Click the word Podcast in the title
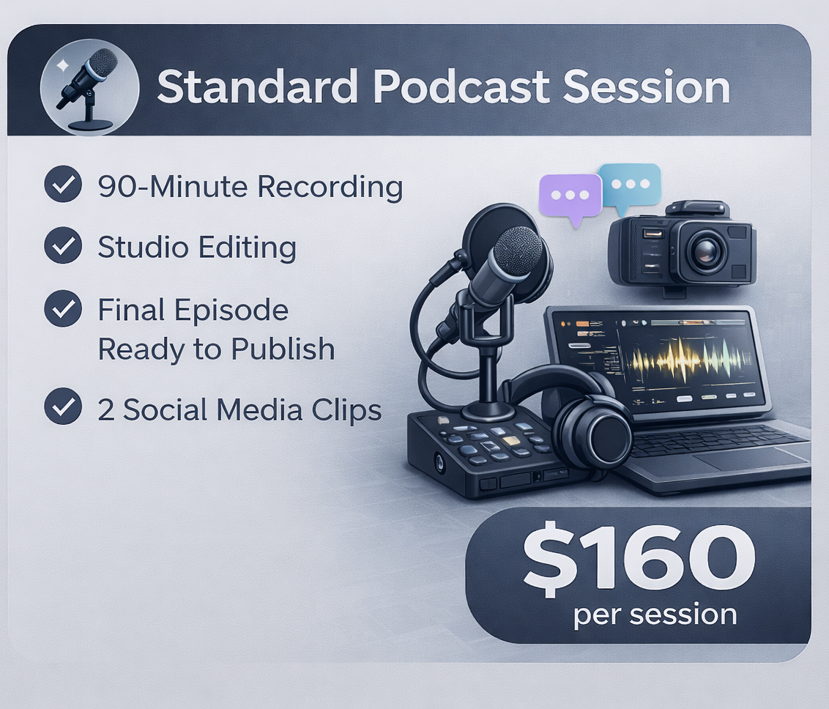461,88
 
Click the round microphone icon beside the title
89,86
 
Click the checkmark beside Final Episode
63,309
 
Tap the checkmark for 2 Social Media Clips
63,409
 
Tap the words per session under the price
655,614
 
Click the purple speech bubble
570,196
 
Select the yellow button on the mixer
511,442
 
